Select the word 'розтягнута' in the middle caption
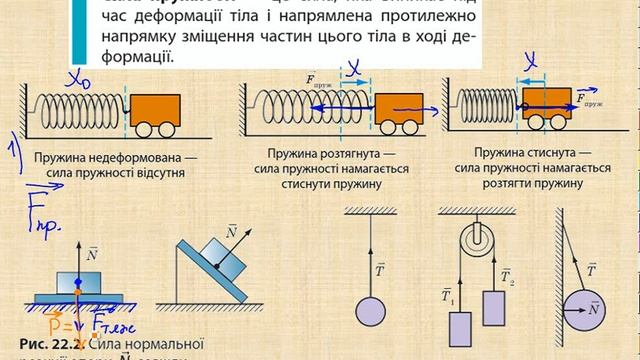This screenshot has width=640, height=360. click(332, 157)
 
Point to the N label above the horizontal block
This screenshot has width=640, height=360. click(93, 254)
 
